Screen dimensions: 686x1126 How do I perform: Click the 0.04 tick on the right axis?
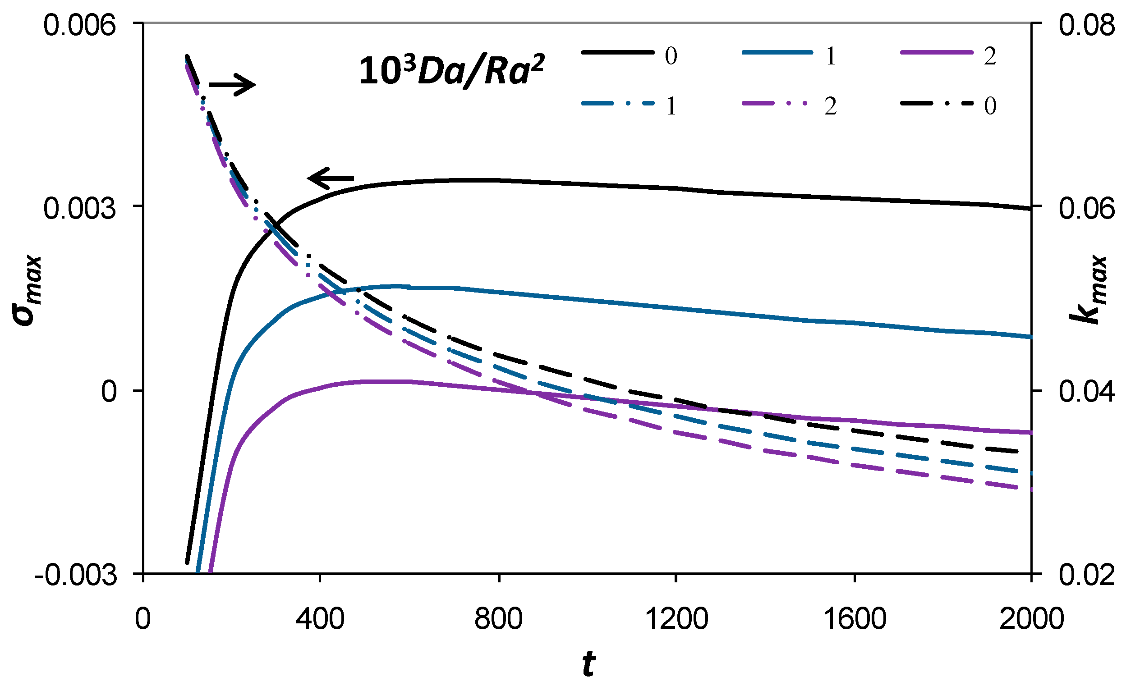[1086, 392]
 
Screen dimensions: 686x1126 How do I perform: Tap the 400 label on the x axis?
[320, 620]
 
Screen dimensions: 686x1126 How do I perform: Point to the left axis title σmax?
[28, 290]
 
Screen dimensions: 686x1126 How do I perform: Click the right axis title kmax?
[1094, 290]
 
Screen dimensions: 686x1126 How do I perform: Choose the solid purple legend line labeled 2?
[937, 53]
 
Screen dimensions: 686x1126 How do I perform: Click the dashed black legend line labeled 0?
[937, 104]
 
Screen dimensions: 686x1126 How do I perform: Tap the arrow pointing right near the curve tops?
[232, 84]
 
